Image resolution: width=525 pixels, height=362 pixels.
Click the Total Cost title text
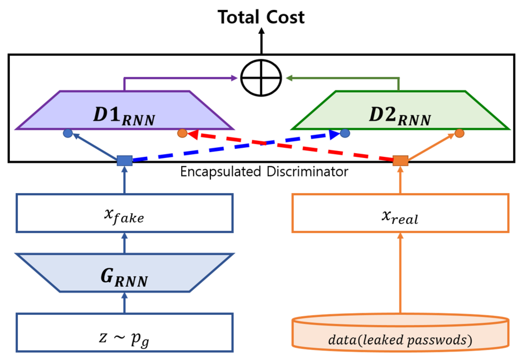coord(261,17)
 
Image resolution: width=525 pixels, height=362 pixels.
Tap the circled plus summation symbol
coord(261,78)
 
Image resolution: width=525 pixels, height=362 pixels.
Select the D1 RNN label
coord(124,116)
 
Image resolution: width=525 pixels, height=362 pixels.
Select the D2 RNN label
coord(400,116)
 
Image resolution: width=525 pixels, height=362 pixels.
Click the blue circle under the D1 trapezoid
coord(68,133)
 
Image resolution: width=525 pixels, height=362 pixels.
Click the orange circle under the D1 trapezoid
coord(182,133)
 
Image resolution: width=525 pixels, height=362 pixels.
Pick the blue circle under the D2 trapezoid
coord(345,133)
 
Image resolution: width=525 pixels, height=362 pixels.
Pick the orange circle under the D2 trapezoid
coord(459,133)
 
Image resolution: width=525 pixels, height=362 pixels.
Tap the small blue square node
coord(125,161)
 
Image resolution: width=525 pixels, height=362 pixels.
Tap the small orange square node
coord(400,161)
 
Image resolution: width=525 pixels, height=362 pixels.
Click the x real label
coord(400,217)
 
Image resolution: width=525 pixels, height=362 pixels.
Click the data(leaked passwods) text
coord(400,340)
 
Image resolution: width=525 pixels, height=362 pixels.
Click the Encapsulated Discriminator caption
coord(264,172)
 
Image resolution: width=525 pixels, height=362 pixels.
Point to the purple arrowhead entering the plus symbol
coord(234,78)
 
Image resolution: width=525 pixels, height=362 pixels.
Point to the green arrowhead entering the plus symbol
coord(289,78)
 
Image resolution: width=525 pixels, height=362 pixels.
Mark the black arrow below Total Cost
coord(261,41)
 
